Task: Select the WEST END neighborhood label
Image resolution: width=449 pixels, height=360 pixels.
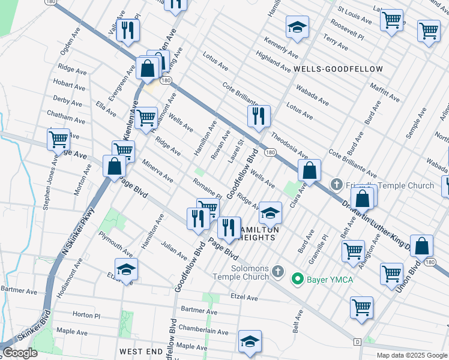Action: [141, 350]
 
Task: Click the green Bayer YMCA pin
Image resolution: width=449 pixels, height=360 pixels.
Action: [297, 278]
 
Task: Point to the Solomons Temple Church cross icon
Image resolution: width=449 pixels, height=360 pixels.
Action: [277, 272]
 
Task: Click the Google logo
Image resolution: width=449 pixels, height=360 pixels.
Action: [20, 353]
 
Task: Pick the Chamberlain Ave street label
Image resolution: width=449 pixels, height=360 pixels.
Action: [203, 331]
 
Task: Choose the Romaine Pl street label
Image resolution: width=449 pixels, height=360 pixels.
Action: [207, 188]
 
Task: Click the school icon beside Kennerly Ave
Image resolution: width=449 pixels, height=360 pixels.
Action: [297, 28]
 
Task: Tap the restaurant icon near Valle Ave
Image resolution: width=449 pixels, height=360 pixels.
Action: [128, 31]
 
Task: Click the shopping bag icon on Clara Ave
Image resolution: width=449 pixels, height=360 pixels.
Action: [309, 171]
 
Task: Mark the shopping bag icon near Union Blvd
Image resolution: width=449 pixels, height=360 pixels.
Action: [423, 247]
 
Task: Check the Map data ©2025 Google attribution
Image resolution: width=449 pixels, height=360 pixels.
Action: [412, 355]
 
